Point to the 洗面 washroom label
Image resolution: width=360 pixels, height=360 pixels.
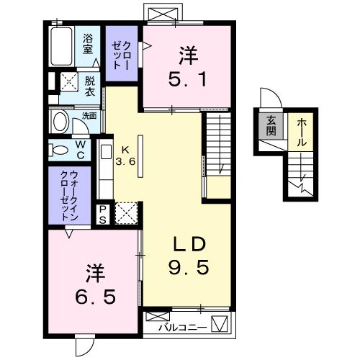click(89, 115)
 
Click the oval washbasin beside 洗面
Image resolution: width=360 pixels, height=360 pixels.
click(60, 120)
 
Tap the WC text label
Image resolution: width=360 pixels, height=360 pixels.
click(81, 150)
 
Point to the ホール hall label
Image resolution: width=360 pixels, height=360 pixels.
click(300, 132)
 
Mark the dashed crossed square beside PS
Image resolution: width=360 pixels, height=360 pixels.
click(126, 213)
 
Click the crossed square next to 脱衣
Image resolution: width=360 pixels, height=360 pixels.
click(69, 81)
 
